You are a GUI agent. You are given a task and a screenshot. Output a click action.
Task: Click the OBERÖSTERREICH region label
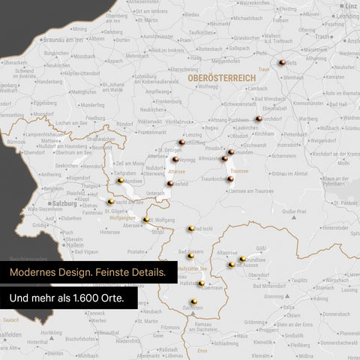217,77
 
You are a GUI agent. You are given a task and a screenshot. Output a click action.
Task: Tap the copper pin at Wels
282,64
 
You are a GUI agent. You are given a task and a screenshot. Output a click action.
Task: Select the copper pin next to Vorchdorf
259,118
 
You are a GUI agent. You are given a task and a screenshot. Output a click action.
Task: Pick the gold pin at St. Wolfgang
146,220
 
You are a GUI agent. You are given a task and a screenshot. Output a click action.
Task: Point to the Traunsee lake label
239,172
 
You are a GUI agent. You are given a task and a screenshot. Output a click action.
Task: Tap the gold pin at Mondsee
121,180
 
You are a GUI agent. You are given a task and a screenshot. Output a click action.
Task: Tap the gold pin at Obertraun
202,283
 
